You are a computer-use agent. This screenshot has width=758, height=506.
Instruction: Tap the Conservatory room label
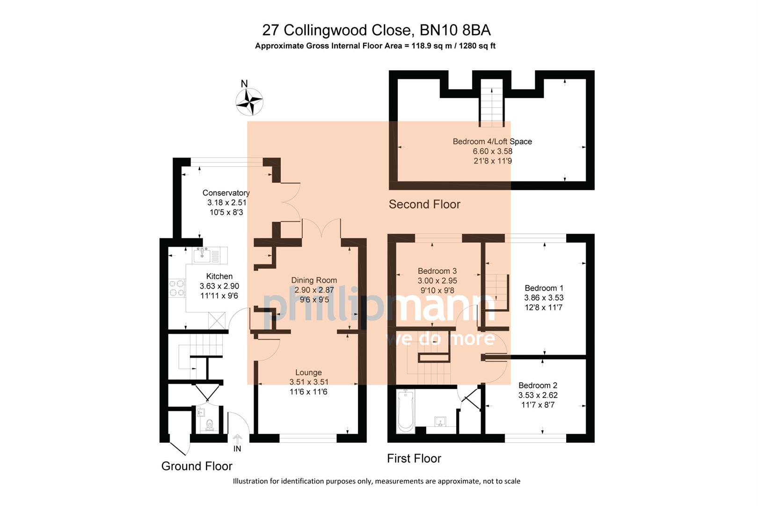pyautogui.click(x=226, y=193)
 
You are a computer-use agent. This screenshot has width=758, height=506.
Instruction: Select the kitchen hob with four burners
pyautogui.click(x=177, y=288)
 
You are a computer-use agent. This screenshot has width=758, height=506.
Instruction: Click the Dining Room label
pyautogui.click(x=314, y=280)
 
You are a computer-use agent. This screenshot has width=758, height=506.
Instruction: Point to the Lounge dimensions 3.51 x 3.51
pyautogui.click(x=308, y=382)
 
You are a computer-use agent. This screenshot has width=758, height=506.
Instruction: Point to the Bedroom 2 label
pyautogui.click(x=538, y=385)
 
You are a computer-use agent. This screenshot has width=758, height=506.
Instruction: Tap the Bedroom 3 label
pyautogui.click(x=437, y=271)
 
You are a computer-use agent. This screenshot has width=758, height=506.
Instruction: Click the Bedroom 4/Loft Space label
pyautogui.click(x=492, y=141)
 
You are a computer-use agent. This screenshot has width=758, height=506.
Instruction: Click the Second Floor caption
pyautogui.click(x=424, y=204)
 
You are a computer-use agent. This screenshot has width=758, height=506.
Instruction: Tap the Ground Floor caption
pyautogui.click(x=197, y=466)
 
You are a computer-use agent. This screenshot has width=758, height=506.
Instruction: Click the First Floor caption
pyautogui.click(x=414, y=458)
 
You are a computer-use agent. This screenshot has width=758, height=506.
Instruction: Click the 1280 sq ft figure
pyautogui.click(x=472, y=46)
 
